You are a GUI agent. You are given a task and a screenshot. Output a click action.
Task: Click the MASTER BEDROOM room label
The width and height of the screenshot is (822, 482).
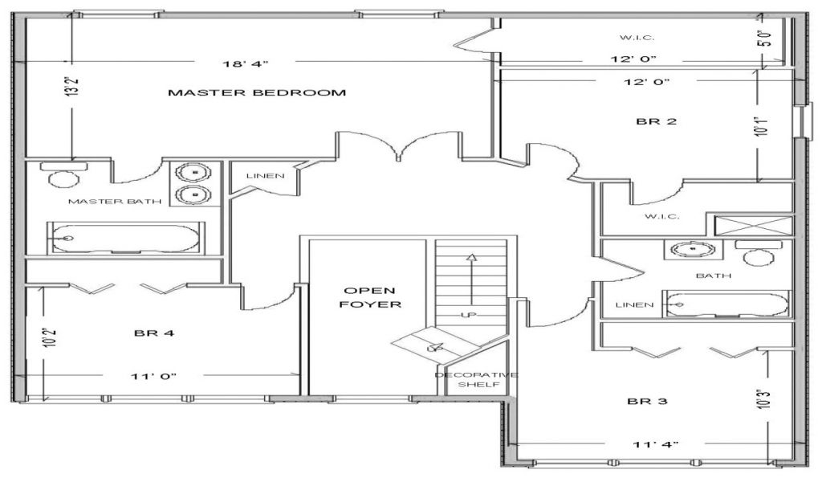point(257,92)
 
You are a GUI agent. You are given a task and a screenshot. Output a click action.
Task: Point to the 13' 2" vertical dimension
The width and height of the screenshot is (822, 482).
point(73,86)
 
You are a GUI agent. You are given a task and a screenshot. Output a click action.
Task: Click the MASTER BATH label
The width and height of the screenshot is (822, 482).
point(104,201)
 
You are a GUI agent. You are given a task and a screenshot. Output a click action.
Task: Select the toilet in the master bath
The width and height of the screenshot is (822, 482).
point(63,174)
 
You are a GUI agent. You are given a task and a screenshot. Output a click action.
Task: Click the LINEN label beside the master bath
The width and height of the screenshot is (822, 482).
point(265,176)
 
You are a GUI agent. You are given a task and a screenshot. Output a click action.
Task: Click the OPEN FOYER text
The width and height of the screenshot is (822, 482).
point(370,297)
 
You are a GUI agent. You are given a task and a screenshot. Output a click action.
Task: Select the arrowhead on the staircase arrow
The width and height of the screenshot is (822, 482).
point(471,258)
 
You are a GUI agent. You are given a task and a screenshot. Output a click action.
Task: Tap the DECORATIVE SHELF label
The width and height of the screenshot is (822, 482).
point(477,380)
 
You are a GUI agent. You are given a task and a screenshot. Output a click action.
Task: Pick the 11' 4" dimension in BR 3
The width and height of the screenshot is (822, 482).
point(657,443)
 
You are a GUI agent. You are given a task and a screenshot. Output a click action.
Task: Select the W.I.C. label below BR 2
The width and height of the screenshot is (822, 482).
point(662,216)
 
